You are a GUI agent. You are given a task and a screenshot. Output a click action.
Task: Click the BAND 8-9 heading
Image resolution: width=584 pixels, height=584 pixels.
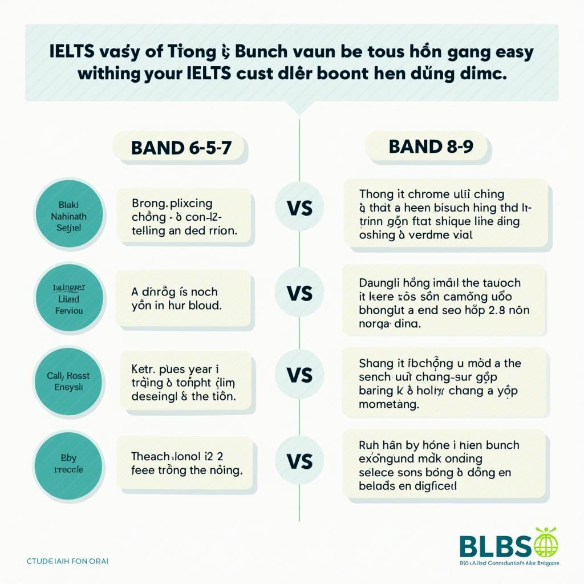click(427, 147)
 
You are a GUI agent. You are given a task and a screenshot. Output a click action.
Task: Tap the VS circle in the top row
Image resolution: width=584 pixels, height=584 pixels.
click(299, 208)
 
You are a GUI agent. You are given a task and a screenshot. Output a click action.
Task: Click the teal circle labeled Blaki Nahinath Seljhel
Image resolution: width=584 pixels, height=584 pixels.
click(70, 214)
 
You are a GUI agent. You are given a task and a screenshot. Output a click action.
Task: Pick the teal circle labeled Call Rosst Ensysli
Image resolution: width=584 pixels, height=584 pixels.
click(69, 381)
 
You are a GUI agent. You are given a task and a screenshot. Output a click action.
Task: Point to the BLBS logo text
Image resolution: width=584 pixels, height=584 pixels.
click(495, 546)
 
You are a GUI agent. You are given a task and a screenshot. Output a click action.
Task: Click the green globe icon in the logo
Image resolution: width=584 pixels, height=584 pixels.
click(546, 542)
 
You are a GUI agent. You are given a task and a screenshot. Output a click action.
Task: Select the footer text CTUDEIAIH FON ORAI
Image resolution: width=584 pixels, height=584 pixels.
click(67, 561)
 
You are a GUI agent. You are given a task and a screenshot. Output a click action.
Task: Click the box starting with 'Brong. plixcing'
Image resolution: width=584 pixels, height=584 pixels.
click(184, 217)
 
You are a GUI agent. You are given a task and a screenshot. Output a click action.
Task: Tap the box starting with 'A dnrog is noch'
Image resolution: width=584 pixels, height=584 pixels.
click(184, 298)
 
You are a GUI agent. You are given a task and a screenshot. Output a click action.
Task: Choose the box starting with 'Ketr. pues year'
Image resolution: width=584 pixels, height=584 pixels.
click(184, 379)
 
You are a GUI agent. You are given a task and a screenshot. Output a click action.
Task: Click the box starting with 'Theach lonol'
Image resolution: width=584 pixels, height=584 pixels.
click(184, 463)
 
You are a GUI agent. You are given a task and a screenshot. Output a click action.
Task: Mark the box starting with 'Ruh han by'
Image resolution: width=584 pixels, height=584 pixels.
click(447, 465)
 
